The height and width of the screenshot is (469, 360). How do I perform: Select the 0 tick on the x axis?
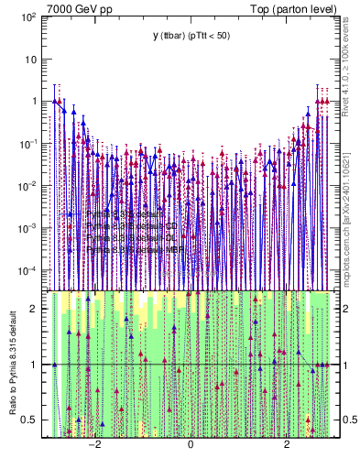tap(191, 444)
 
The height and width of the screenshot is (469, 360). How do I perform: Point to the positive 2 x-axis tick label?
tap(287, 444)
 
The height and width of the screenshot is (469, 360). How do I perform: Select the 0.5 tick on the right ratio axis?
tap(347, 420)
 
